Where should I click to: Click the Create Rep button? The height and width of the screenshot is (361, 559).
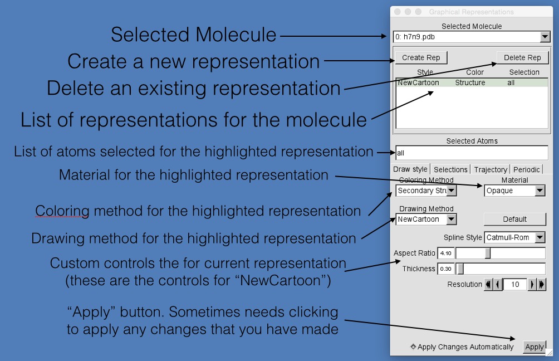tap(421, 57)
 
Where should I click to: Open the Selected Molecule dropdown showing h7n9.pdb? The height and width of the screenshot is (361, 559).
tap(471, 37)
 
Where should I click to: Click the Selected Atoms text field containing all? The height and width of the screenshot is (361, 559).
tap(471, 153)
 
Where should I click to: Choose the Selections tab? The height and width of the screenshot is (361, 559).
tap(450, 169)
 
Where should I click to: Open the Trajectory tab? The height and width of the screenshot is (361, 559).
tap(491, 169)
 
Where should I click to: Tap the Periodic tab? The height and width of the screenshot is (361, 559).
tap(526, 169)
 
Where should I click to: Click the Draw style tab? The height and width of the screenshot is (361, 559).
tap(411, 169)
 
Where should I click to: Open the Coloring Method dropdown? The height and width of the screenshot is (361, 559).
tap(426, 191)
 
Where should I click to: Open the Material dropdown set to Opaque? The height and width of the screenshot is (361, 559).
tap(514, 191)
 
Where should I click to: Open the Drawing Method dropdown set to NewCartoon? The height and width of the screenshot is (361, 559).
tap(426, 219)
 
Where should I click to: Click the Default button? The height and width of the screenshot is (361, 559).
tap(514, 219)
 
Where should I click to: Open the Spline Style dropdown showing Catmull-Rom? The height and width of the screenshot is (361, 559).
tap(514, 237)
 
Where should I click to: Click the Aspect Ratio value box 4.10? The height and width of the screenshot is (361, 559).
tap(446, 253)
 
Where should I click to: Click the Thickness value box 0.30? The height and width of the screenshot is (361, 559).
tap(446, 269)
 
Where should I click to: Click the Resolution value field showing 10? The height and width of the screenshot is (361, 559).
tap(515, 285)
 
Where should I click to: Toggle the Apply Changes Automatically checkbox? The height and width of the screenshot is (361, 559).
tap(413, 347)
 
